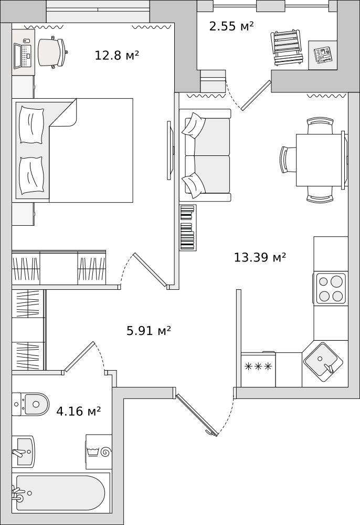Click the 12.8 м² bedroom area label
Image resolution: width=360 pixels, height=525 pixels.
tap(117, 55)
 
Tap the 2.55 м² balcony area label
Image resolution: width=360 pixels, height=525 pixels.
tap(231, 26)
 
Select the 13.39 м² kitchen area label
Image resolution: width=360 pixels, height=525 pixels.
tap(260, 257)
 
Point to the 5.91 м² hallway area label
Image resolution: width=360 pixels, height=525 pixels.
tap(149, 331)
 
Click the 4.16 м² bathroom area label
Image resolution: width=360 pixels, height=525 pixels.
tap(78, 411)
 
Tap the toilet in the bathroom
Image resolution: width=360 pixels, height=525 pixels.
tap(30, 404)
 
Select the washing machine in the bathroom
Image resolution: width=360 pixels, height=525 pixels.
tap(99, 451)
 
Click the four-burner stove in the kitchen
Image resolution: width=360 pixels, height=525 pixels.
tap(330, 288)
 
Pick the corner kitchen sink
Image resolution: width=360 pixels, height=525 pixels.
tap(323, 362)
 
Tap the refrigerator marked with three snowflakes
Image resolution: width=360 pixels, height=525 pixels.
tap(258, 369)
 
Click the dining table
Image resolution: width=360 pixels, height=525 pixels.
tap(320, 160)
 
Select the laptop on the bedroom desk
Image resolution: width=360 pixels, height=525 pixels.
tap(23, 54)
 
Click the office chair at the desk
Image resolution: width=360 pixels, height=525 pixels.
tap(52, 52)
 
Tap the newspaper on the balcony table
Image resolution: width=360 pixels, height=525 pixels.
tap(323, 55)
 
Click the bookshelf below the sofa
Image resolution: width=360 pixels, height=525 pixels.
tap(188, 228)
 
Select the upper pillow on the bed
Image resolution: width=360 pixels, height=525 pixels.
tap(31, 125)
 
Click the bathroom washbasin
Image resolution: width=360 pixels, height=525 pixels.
tap(23, 451)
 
